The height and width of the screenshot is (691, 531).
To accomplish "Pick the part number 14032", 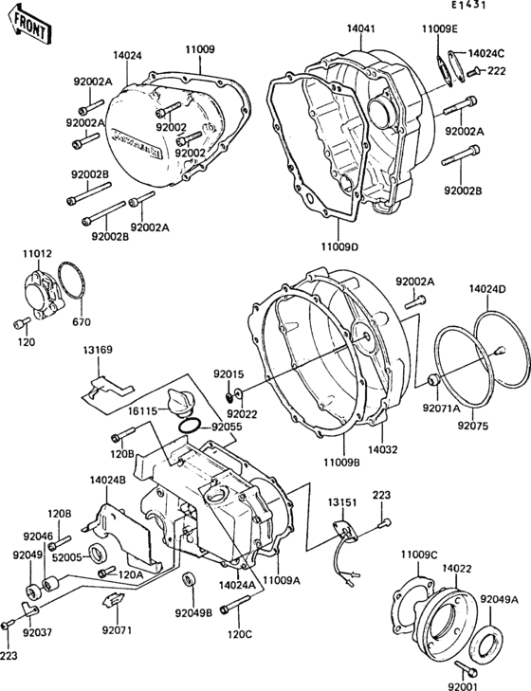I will click(x=383, y=450).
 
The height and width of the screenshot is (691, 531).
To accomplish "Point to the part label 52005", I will click(x=67, y=558).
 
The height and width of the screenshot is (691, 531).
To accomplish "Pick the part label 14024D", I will click(x=487, y=287).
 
